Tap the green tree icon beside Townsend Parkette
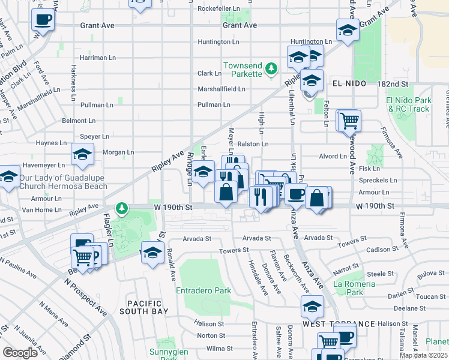pos(271,70)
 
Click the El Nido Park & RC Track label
pos(409,104)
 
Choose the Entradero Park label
pos(203,290)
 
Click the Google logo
pos(20,353)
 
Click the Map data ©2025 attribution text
pos(424,355)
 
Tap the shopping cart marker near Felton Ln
pos(349,121)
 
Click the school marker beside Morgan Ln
pos(83,155)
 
